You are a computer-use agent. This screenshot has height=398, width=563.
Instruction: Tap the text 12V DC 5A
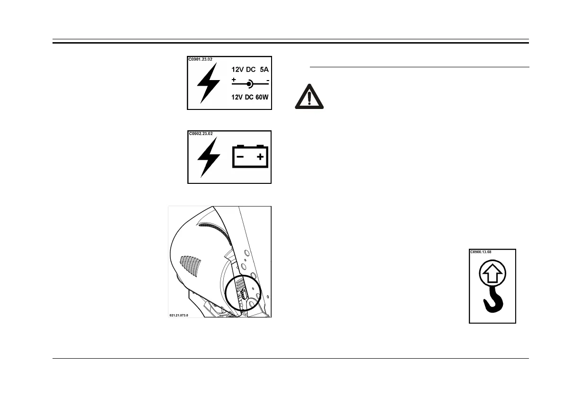[250, 69]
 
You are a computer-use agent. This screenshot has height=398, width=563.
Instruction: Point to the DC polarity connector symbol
[250, 83]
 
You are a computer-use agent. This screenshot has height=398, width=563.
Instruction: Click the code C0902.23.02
[201, 134]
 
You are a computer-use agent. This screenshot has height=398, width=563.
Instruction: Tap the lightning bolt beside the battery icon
[209, 158]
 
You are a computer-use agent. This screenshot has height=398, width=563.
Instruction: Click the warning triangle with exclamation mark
[309, 98]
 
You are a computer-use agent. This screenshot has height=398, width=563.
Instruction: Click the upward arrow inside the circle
[492, 273]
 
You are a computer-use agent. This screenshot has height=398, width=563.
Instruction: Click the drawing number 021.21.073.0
[179, 315]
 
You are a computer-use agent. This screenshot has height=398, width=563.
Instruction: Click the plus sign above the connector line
[234, 80]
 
